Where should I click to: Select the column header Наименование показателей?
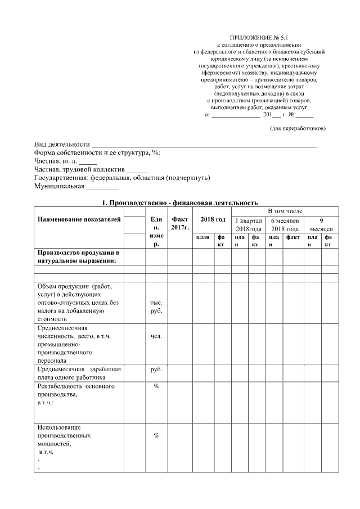click(79, 220)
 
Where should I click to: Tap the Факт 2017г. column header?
click(180, 224)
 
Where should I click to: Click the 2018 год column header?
click(209, 220)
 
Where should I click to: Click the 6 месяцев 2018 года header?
click(285, 224)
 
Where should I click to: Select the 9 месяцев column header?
click(321, 224)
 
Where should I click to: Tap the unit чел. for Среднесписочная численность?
click(156, 336)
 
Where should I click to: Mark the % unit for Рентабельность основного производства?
click(156, 386)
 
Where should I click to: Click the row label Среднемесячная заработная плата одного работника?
click(79, 373)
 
